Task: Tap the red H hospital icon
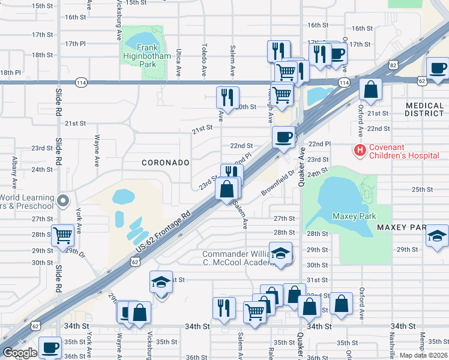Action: tap(360, 150)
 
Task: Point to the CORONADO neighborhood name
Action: tap(166, 163)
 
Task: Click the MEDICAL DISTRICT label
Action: tap(424, 109)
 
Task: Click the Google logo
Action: tap(20, 353)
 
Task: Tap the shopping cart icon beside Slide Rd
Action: tap(63, 235)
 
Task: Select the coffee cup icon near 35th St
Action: tap(50, 347)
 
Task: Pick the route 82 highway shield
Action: tap(393, 64)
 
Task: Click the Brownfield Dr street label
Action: tap(279, 182)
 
